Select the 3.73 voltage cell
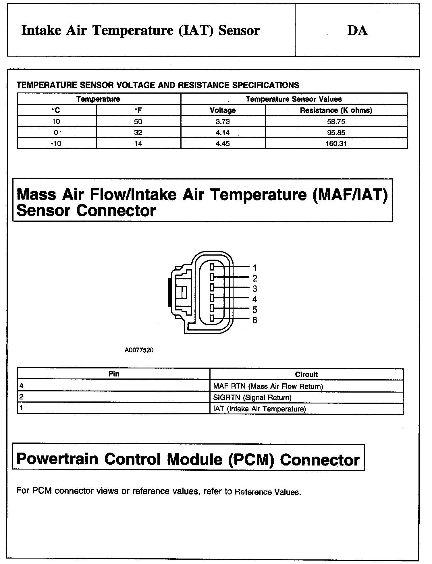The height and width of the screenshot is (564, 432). (x=223, y=121)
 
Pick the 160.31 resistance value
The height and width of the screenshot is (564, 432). (x=336, y=144)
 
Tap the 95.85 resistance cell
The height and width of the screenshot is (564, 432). (x=336, y=133)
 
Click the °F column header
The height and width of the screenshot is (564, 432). (x=138, y=110)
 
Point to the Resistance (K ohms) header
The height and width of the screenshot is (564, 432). (x=336, y=110)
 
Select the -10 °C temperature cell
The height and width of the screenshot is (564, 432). (x=56, y=144)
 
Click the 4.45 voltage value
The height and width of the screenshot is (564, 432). (x=223, y=144)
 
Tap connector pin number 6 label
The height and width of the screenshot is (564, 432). (x=254, y=320)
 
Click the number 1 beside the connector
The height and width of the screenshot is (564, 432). (x=254, y=268)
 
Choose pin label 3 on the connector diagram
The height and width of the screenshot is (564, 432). (x=254, y=289)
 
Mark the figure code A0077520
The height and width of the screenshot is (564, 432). (x=139, y=350)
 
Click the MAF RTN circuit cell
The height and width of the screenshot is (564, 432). (x=268, y=387)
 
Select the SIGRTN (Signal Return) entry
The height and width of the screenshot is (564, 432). (x=252, y=398)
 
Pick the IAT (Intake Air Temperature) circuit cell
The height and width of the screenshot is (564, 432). (x=259, y=409)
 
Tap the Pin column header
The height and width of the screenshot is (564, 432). (x=114, y=374)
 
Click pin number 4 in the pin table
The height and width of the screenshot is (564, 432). (x=21, y=386)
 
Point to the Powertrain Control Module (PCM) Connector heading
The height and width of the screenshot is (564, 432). (x=188, y=459)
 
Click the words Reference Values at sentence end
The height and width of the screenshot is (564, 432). (x=267, y=492)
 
